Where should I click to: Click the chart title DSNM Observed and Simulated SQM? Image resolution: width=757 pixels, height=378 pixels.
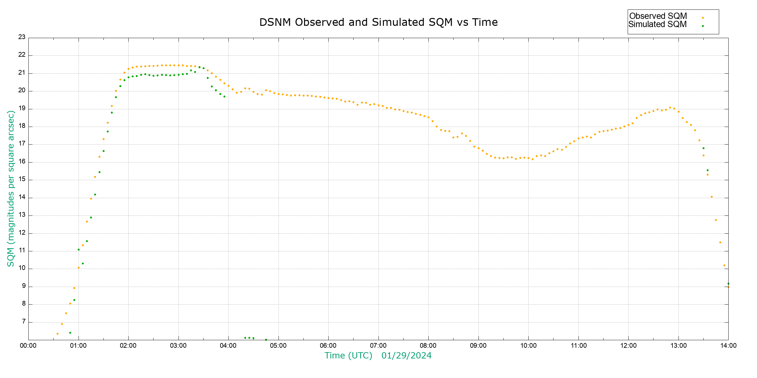point(378,22)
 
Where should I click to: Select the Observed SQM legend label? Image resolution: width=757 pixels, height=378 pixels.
point(658,16)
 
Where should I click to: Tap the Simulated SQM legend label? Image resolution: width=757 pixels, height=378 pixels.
point(658,24)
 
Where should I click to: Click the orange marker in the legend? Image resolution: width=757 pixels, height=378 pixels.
point(703,18)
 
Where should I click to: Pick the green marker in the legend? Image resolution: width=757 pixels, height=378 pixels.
point(703,26)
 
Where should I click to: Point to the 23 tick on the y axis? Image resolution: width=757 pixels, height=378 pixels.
point(22,37)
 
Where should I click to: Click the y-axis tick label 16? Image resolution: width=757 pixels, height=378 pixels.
point(22,162)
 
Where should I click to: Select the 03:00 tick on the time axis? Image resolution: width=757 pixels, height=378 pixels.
point(179,346)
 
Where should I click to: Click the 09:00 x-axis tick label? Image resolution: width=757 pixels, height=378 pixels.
point(478,346)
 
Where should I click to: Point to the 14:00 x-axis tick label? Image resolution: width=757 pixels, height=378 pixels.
point(728,346)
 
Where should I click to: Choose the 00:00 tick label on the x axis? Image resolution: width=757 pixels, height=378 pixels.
point(28,346)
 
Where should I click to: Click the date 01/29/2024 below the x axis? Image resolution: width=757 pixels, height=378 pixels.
point(406,356)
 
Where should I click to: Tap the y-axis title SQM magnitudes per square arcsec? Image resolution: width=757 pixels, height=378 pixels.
point(11,188)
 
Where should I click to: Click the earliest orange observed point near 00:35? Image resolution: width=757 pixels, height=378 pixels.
point(57,334)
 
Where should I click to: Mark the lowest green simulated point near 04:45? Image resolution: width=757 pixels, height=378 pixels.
point(266,340)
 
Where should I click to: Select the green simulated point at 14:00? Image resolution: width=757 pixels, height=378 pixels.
point(728,283)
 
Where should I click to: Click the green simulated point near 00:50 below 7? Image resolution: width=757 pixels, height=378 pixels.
point(70,333)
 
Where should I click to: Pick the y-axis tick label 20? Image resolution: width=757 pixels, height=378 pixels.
point(22,90)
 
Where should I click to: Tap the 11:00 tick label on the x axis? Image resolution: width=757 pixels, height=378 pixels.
point(578,346)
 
